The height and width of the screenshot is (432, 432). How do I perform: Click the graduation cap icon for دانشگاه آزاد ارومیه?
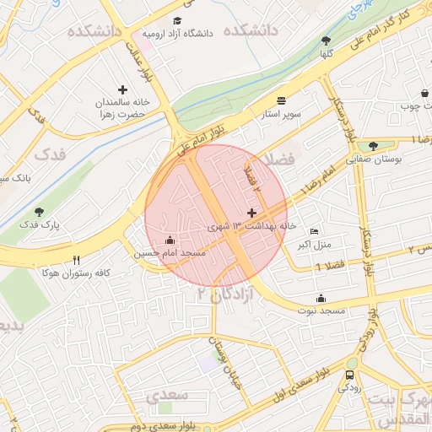pos(177,21)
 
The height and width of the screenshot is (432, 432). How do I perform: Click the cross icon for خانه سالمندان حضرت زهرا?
pos(123,89)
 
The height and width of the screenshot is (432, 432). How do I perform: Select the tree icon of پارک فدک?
pos(39,212)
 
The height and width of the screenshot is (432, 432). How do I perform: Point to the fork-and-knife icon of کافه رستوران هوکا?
pos(77,260)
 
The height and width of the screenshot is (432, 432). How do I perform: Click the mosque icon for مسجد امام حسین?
pos(170,240)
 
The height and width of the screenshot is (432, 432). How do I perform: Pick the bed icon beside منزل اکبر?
pos(315,232)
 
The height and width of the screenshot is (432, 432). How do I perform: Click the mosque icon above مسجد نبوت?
pos(321,298)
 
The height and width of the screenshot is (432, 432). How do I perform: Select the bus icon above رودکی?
pos(349,375)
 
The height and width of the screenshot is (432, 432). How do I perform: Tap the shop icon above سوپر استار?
pos(280,99)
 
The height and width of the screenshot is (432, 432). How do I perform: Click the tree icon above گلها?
pos(326,40)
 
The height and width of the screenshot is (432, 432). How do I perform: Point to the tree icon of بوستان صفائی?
pos(372,145)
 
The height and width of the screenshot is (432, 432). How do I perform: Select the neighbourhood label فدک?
pos(51,154)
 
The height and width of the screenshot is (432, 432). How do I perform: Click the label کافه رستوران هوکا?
pos(77,273)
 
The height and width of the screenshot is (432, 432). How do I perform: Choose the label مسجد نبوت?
pos(321,311)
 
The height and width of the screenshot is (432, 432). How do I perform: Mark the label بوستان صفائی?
pos(372,158)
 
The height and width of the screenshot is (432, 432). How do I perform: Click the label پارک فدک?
pos(39,225)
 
